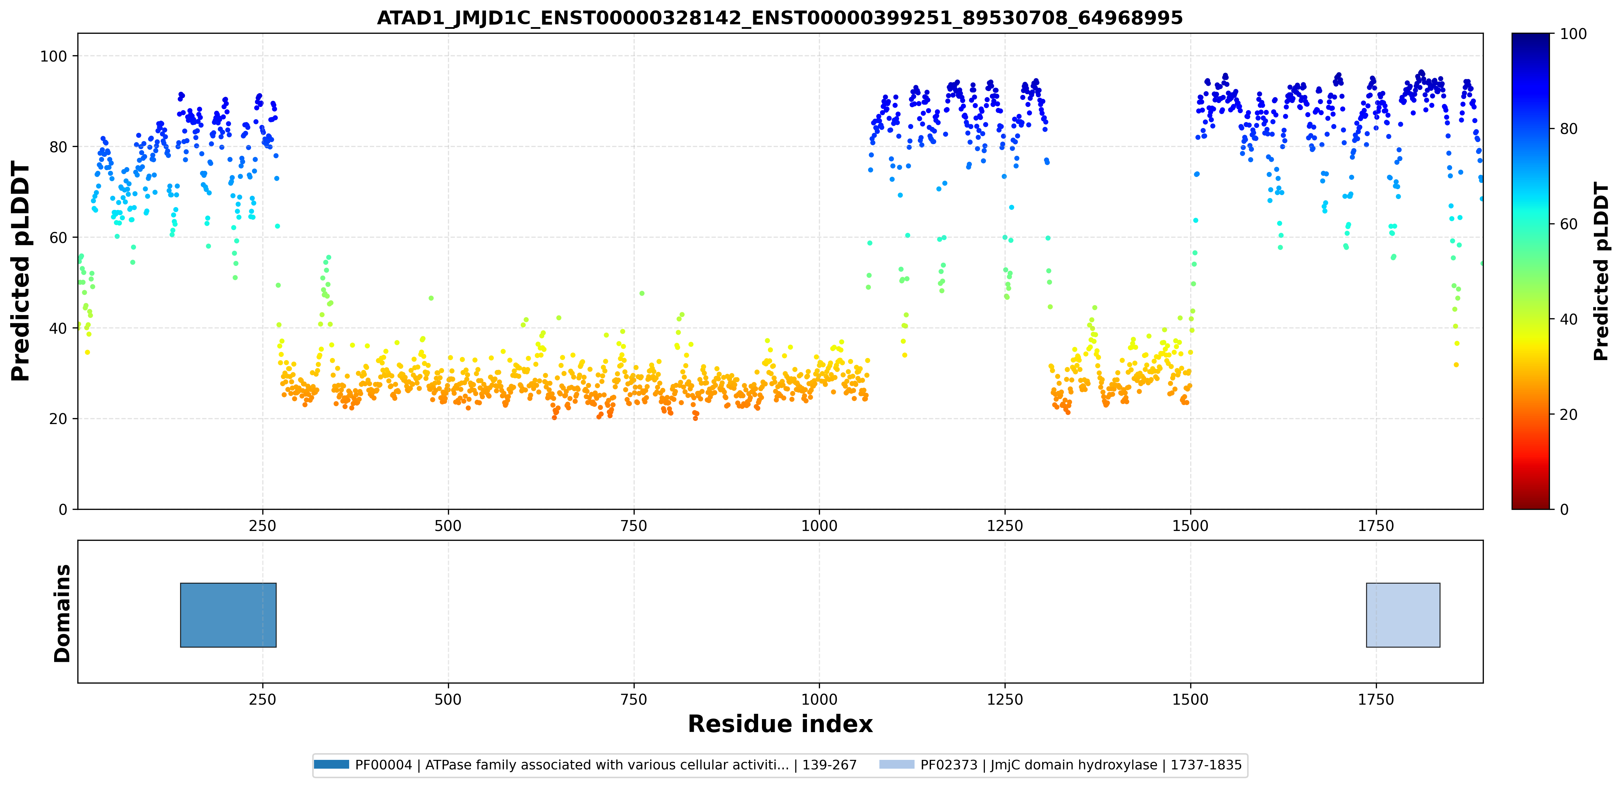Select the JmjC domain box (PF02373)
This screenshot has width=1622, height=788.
coord(1403,615)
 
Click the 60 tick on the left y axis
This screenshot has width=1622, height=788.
coord(58,237)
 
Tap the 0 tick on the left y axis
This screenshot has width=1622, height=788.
coord(62,510)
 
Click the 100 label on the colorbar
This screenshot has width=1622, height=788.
coord(1573,34)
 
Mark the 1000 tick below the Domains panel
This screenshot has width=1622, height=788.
coord(819,699)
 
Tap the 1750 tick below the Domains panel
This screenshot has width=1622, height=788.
coord(1376,699)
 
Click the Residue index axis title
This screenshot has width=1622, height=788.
coord(780,724)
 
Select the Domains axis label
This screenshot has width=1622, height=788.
coord(62,613)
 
